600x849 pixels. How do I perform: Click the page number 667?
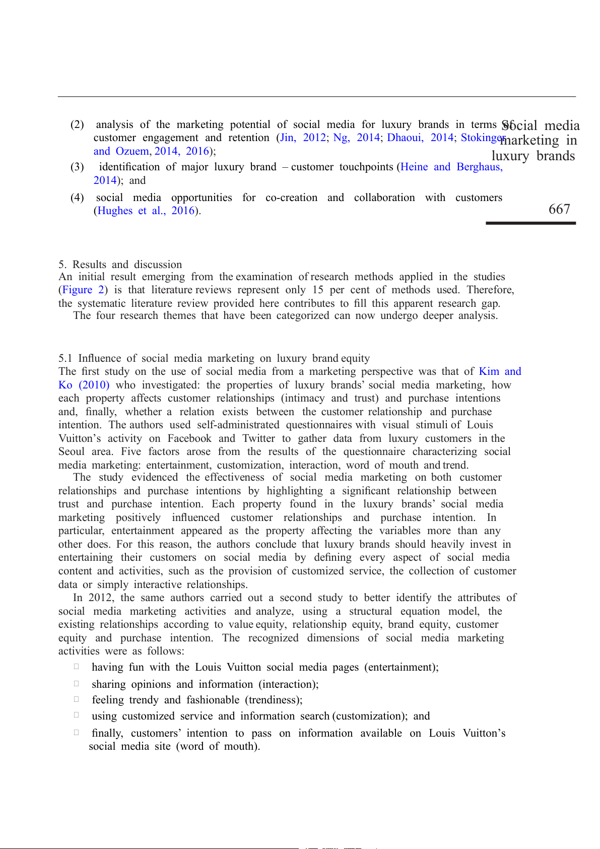559,209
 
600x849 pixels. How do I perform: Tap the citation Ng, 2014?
356,138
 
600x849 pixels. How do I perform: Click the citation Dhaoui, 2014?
420,138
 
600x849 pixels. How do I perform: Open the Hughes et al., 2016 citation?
146,211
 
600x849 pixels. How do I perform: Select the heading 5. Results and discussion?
120,265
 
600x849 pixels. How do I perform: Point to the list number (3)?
77,167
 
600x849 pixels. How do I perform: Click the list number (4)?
77,198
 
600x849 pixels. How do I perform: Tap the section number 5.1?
65,358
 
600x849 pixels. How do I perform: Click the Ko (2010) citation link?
84,385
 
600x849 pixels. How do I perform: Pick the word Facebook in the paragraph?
189,438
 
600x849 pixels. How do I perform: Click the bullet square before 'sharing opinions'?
77,684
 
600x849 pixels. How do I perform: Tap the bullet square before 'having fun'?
77,666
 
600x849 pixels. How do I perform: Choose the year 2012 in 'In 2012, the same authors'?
101,598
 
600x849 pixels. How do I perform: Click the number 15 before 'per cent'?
318,290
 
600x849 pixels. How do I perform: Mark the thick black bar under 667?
530,223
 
